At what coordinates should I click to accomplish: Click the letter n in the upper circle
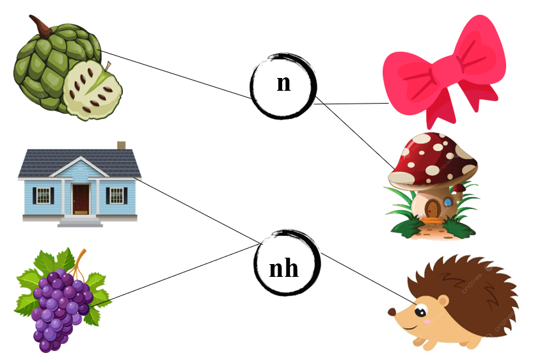click(x=283, y=84)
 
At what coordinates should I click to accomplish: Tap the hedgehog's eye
click(x=421, y=312)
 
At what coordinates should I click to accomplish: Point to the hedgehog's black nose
click(x=391, y=312)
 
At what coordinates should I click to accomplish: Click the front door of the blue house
click(x=81, y=199)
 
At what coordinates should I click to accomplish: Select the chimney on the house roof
click(x=121, y=146)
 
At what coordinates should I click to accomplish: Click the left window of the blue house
click(x=43, y=195)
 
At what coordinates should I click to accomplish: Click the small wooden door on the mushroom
click(x=433, y=208)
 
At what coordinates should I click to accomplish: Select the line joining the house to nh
click(x=198, y=211)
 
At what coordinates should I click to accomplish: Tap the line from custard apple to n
click(x=176, y=75)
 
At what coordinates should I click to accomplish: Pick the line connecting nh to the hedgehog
click(x=368, y=277)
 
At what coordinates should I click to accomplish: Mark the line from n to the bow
click(x=352, y=103)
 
